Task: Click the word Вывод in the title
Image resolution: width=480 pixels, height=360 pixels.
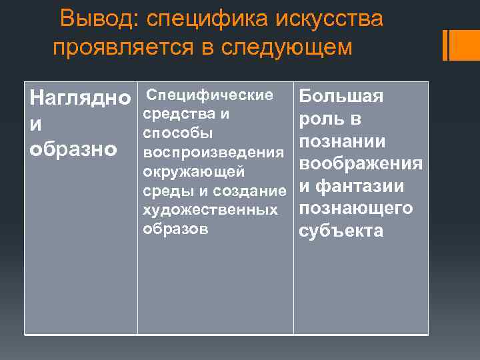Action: point(97,20)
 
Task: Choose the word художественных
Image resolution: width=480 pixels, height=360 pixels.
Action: point(211,210)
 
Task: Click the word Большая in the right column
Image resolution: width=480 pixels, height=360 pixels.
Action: point(341,97)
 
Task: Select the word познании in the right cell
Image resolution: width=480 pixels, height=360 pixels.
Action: point(342,142)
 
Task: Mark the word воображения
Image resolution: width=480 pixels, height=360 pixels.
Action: point(361,165)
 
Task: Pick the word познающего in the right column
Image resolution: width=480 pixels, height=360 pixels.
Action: point(356,209)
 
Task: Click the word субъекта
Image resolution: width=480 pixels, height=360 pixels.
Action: point(341,231)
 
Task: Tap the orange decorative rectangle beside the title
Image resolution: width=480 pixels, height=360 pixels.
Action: point(459,45)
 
